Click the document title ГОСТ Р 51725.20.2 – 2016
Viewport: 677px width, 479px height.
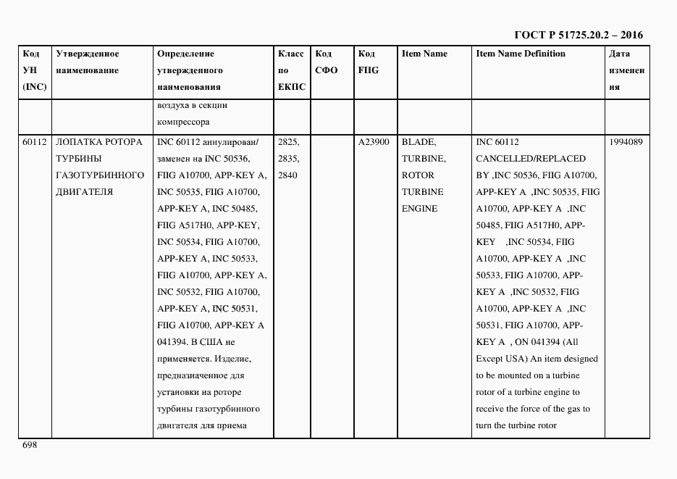click(577, 35)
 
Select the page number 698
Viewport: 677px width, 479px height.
click(30, 445)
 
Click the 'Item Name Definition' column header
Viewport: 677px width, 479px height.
click(521, 54)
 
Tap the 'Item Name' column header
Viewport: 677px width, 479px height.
click(424, 54)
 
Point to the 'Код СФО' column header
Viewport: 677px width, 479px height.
click(327, 62)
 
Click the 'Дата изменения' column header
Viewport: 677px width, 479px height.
click(626, 70)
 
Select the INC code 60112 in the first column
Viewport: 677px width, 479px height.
click(34, 142)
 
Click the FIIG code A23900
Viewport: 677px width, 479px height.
click(374, 142)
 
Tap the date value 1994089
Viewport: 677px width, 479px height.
click(626, 142)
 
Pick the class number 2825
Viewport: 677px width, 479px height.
click(288, 142)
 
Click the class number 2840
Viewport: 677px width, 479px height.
click(288, 175)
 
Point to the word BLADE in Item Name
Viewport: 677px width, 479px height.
click(419, 142)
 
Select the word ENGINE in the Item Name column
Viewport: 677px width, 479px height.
click(420, 209)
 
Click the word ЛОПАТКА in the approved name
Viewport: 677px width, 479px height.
click(78, 142)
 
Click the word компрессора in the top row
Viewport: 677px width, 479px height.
click(183, 122)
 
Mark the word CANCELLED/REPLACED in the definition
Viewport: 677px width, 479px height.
click(531, 159)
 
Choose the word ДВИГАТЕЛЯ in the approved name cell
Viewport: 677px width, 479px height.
click(84, 192)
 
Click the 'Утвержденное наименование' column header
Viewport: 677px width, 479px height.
click(87, 62)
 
